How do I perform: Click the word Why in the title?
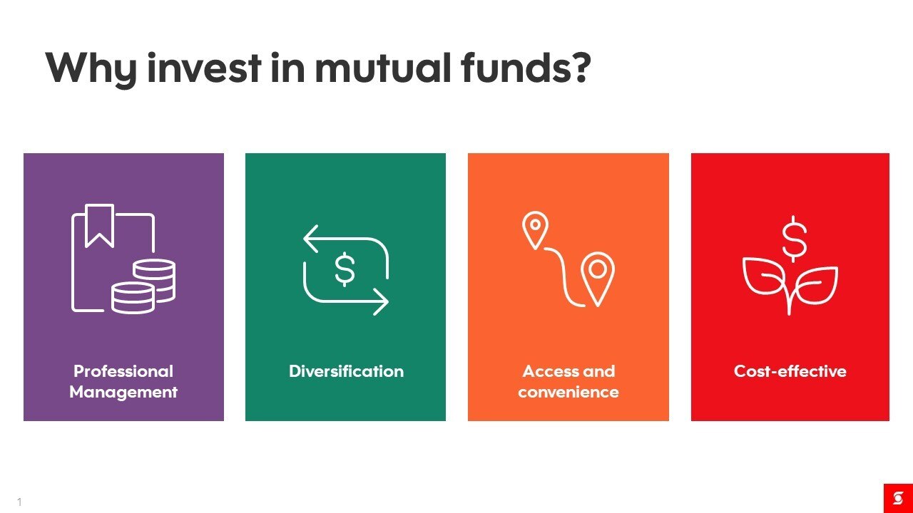coord(91,69)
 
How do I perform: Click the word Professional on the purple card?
coord(123,371)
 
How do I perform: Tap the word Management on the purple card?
coord(123,393)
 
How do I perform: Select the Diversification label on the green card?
coord(346,371)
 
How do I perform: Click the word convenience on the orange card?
coord(568,393)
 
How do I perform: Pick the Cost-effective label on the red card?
coord(790,371)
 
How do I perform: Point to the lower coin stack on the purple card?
coord(133,298)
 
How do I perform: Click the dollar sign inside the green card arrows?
coord(345,269)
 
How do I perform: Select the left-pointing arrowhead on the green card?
coord(310,239)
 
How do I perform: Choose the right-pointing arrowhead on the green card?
coord(381,301)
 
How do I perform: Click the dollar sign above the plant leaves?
coord(794,239)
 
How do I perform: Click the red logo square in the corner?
coord(898,498)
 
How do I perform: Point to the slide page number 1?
coord(19,502)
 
